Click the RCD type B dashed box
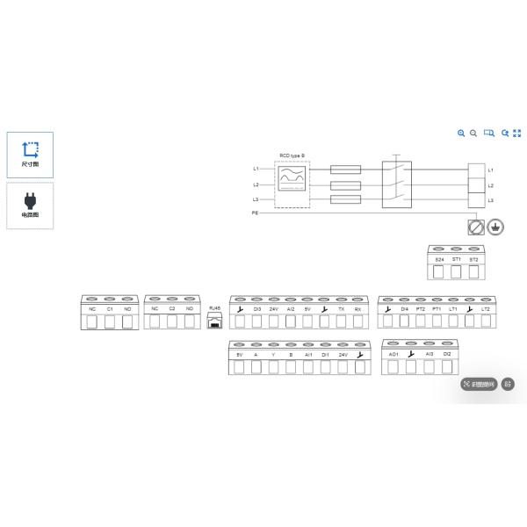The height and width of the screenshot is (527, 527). pyautogui.click(x=292, y=184)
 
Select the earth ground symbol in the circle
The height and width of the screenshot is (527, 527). pyautogui.click(x=495, y=227)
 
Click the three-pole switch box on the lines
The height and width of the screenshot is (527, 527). pyautogui.click(x=397, y=184)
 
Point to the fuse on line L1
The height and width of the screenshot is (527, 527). pyautogui.click(x=343, y=169)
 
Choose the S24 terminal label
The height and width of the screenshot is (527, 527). pyautogui.click(x=440, y=259)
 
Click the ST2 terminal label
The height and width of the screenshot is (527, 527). pyautogui.click(x=473, y=259)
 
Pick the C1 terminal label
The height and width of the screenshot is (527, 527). pyautogui.click(x=110, y=309)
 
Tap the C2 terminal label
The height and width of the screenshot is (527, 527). pyautogui.click(x=172, y=309)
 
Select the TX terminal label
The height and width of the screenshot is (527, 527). pyautogui.click(x=341, y=309)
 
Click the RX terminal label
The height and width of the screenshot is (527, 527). pyautogui.click(x=357, y=309)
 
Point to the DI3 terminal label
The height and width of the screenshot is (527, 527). pyautogui.click(x=257, y=309)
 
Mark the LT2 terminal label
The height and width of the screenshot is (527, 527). pyautogui.click(x=486, y=309)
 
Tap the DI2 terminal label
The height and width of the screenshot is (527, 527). pyautogui.click(x=447, y=353)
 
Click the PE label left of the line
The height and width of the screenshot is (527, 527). pyautogui.click(x=255, y=213)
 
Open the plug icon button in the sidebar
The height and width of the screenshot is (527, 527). pyautogui.click(x=30, y=205)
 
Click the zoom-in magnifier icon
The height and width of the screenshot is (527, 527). pyautogui.click(x=461, y=133)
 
